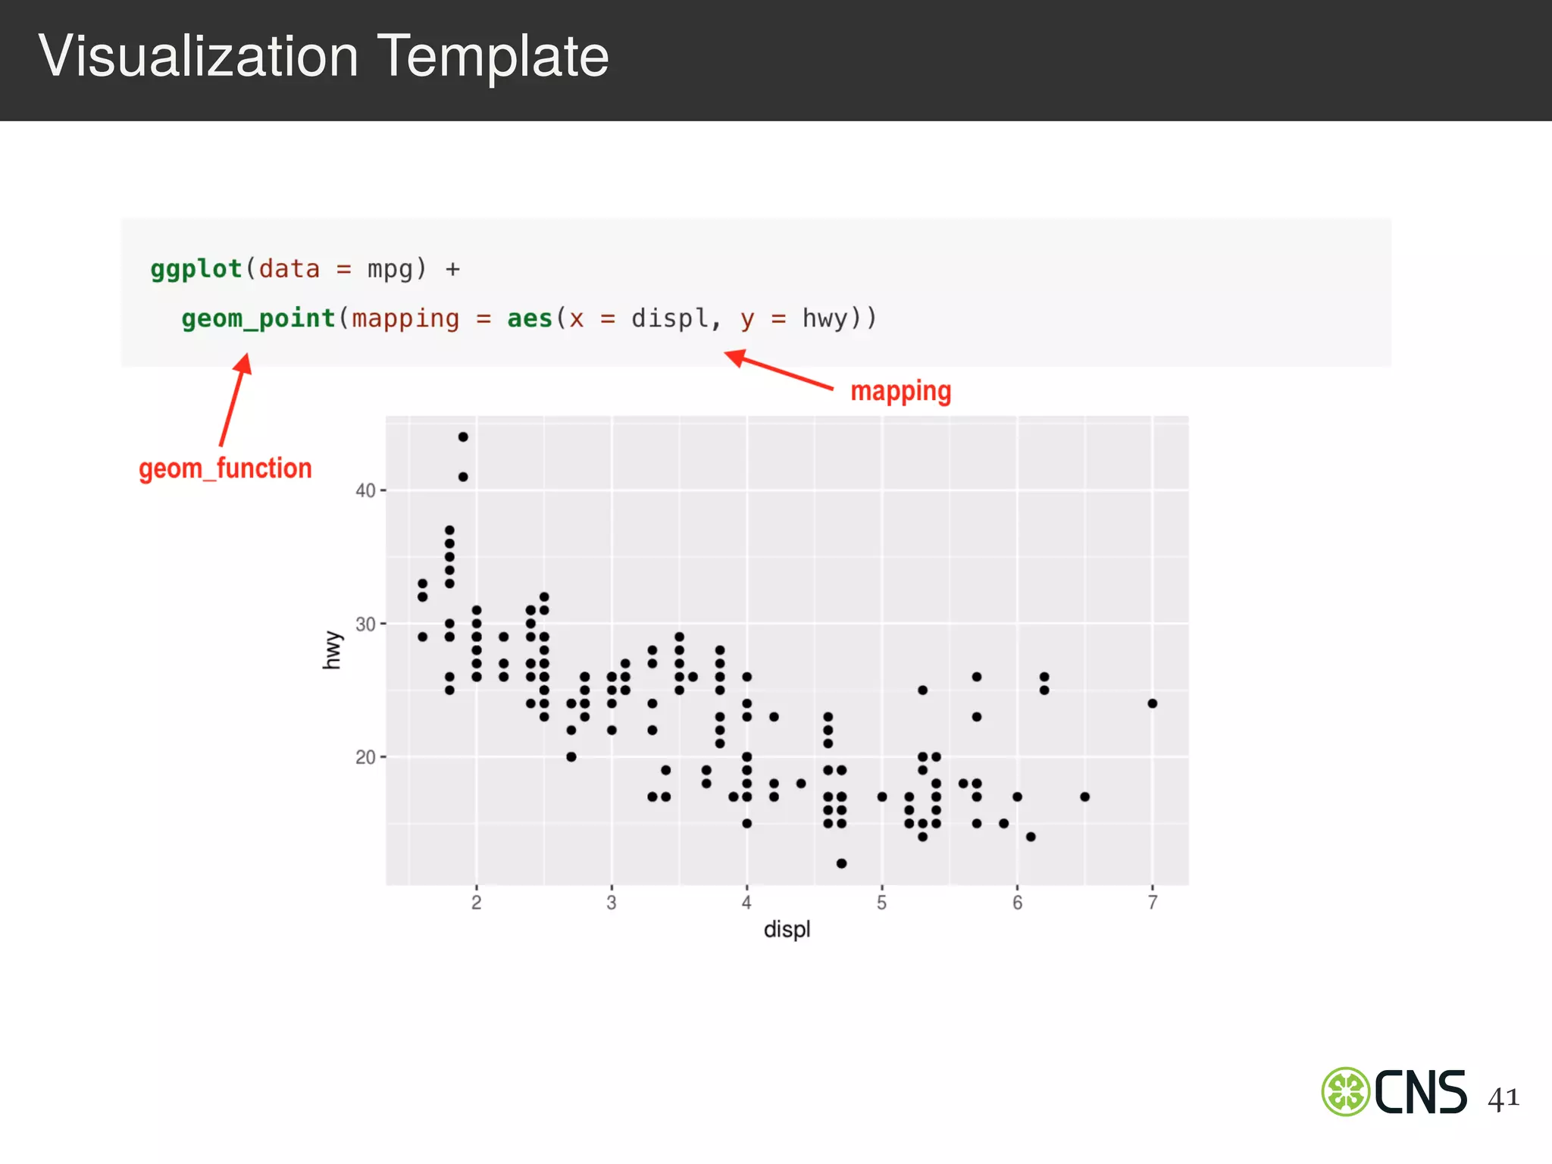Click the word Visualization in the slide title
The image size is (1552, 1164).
coord(198,57)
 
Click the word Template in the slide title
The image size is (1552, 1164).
coord(493,57)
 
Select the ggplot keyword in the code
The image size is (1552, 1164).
coord(196,269)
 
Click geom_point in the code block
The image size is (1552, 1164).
coord(258,318)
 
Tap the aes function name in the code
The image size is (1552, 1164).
coord(530,318)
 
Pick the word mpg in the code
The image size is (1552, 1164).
coord(390,269)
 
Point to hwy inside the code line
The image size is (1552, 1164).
coord(824,318)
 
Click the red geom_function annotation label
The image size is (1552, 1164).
coord(225,468)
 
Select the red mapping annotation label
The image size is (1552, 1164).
coord(900,391)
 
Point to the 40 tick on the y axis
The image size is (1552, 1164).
coord(365,491)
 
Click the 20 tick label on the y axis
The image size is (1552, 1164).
coord(365,757)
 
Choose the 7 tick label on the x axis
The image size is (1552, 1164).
coord(1153,903)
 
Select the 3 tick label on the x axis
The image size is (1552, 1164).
coord(612,903)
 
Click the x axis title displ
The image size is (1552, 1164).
coord(787,929)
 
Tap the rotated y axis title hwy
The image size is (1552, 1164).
coord(332,650)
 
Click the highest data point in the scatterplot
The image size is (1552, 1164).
coord(463,436)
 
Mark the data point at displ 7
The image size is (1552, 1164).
coord(1153,703)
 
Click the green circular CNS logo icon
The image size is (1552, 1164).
coord(1346,1091)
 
